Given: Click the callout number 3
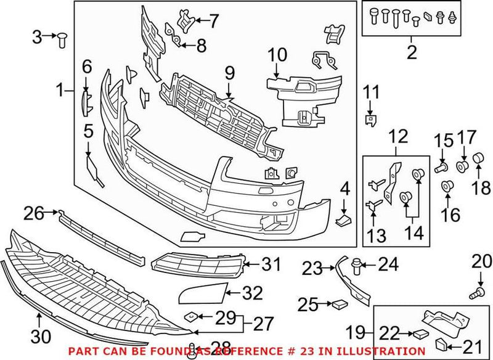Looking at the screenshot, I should point(37,37).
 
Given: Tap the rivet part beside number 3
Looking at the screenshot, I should point(62,39).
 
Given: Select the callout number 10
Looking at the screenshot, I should point(277,55).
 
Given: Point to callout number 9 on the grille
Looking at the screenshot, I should point(230,73).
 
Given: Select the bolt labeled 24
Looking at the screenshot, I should point(356,266).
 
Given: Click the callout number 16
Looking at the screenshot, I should point(450,215).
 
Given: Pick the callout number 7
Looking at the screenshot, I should point(213,22).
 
